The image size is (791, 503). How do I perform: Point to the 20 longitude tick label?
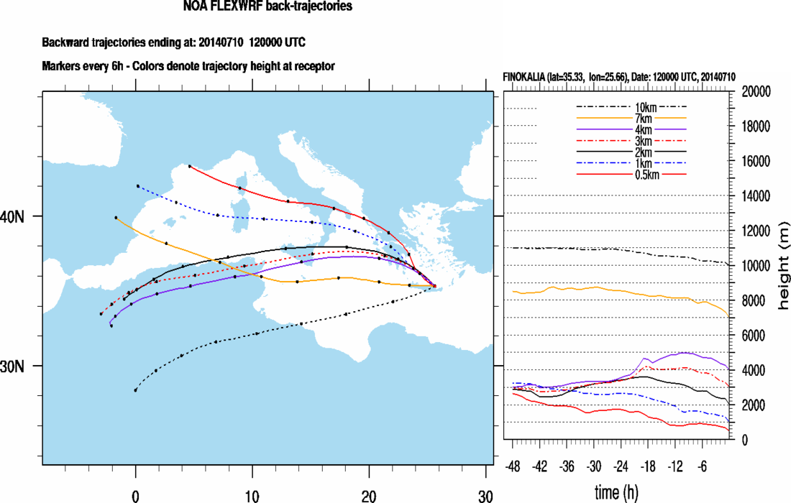pyautogui.click(x=369, y=495)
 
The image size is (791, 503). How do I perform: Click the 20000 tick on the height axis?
pyautogui.click(x=756, y=91)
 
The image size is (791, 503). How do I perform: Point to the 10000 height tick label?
pyautogui.click(x=756, y=266)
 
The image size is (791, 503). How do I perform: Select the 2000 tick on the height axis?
pyautogui.click(x=753, y=405)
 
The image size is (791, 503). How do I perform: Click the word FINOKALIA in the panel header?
pyautogui.click(x=528, y=77)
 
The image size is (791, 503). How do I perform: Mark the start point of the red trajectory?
pyautogui.click(x=190, y=166)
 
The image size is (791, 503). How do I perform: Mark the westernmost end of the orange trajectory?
pyautogui.click(x=116, y=217)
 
